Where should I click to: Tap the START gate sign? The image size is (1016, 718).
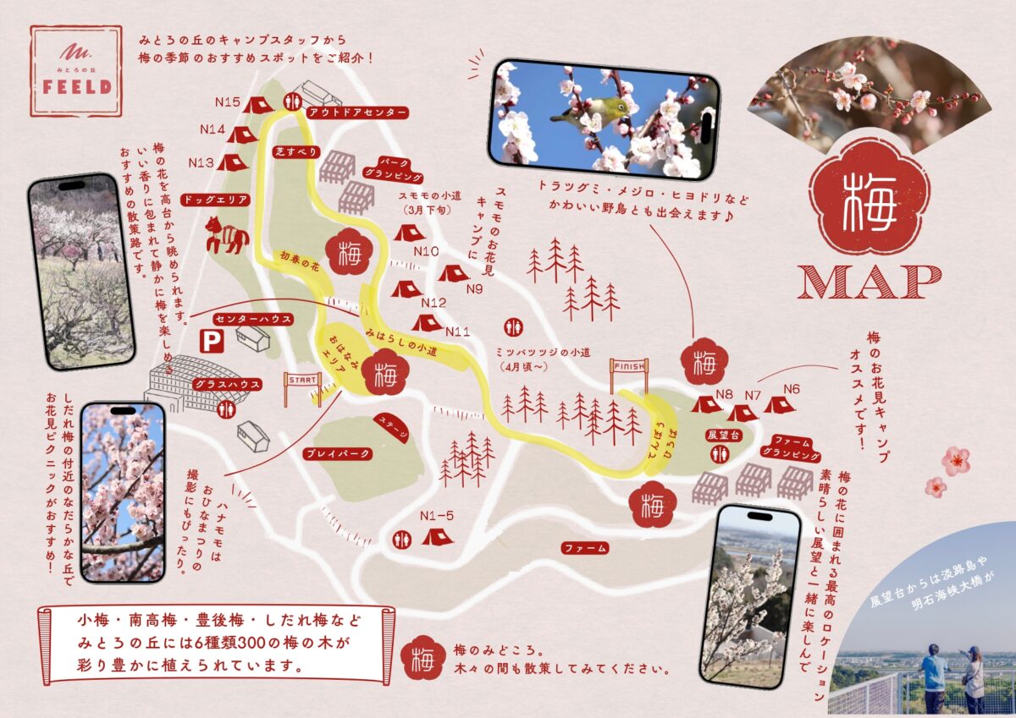[x=302, y=380]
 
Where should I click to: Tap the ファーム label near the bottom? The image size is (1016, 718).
[x=585, y=548]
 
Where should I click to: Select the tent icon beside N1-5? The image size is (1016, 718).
[x=437, y=535]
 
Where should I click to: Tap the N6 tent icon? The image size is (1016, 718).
[x=780, y=405]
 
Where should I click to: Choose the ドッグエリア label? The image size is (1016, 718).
[x=219, y=200]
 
